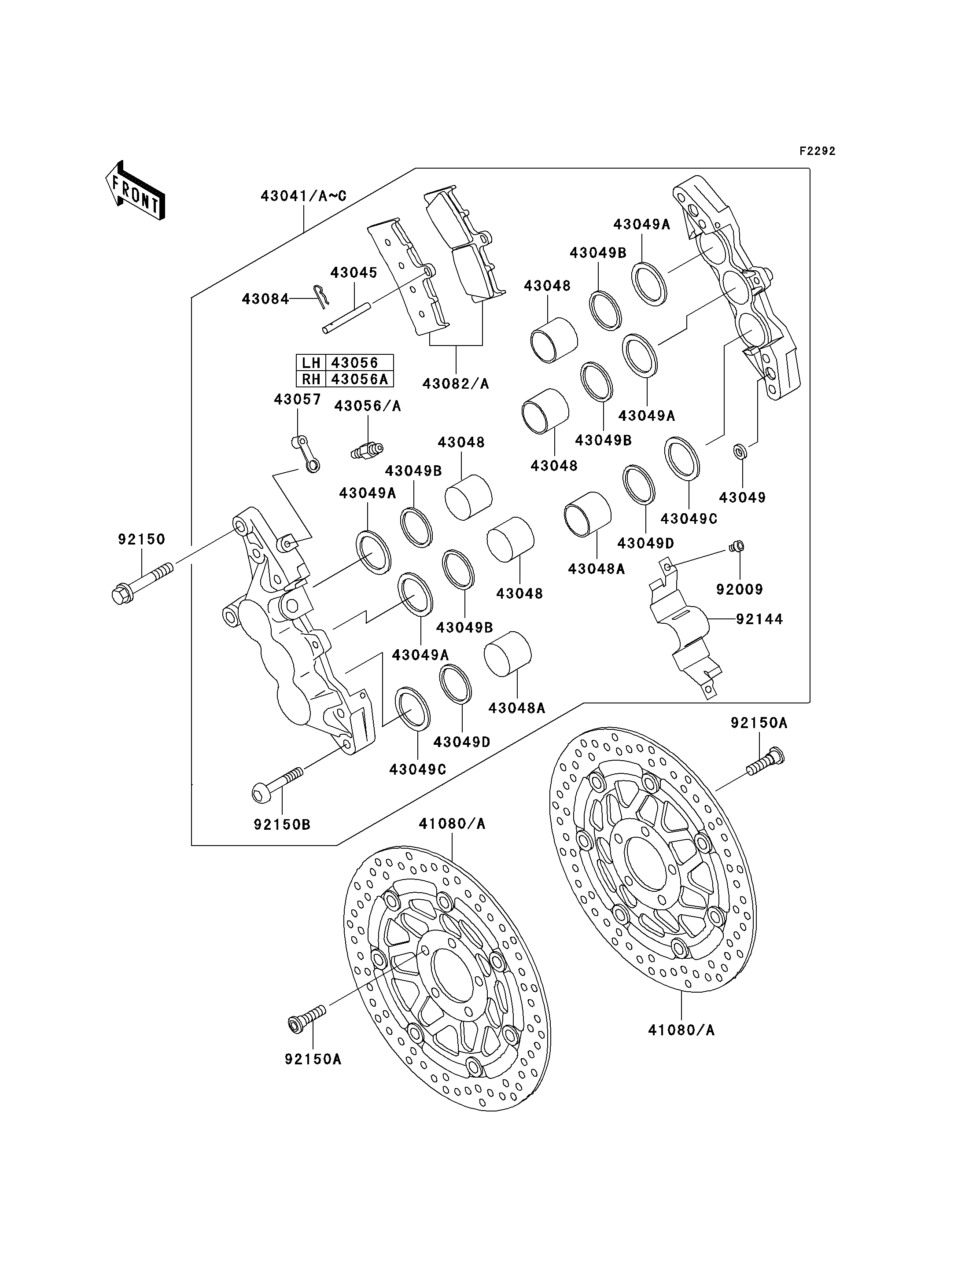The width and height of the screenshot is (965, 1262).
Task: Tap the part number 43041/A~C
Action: tap(303, 196)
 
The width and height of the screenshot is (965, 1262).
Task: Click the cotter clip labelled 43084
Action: tap(322, 296)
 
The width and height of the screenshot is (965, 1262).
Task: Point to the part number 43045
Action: tap(354, 272)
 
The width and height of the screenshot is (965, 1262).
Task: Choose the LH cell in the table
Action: tap(311, 362)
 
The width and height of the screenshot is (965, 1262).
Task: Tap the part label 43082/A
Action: tap(456, 384)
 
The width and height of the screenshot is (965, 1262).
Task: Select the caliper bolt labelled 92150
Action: tap(142, 582)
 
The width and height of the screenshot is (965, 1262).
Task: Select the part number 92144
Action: tap(759, 619)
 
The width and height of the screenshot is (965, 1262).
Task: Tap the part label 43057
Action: tap(297, 399)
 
